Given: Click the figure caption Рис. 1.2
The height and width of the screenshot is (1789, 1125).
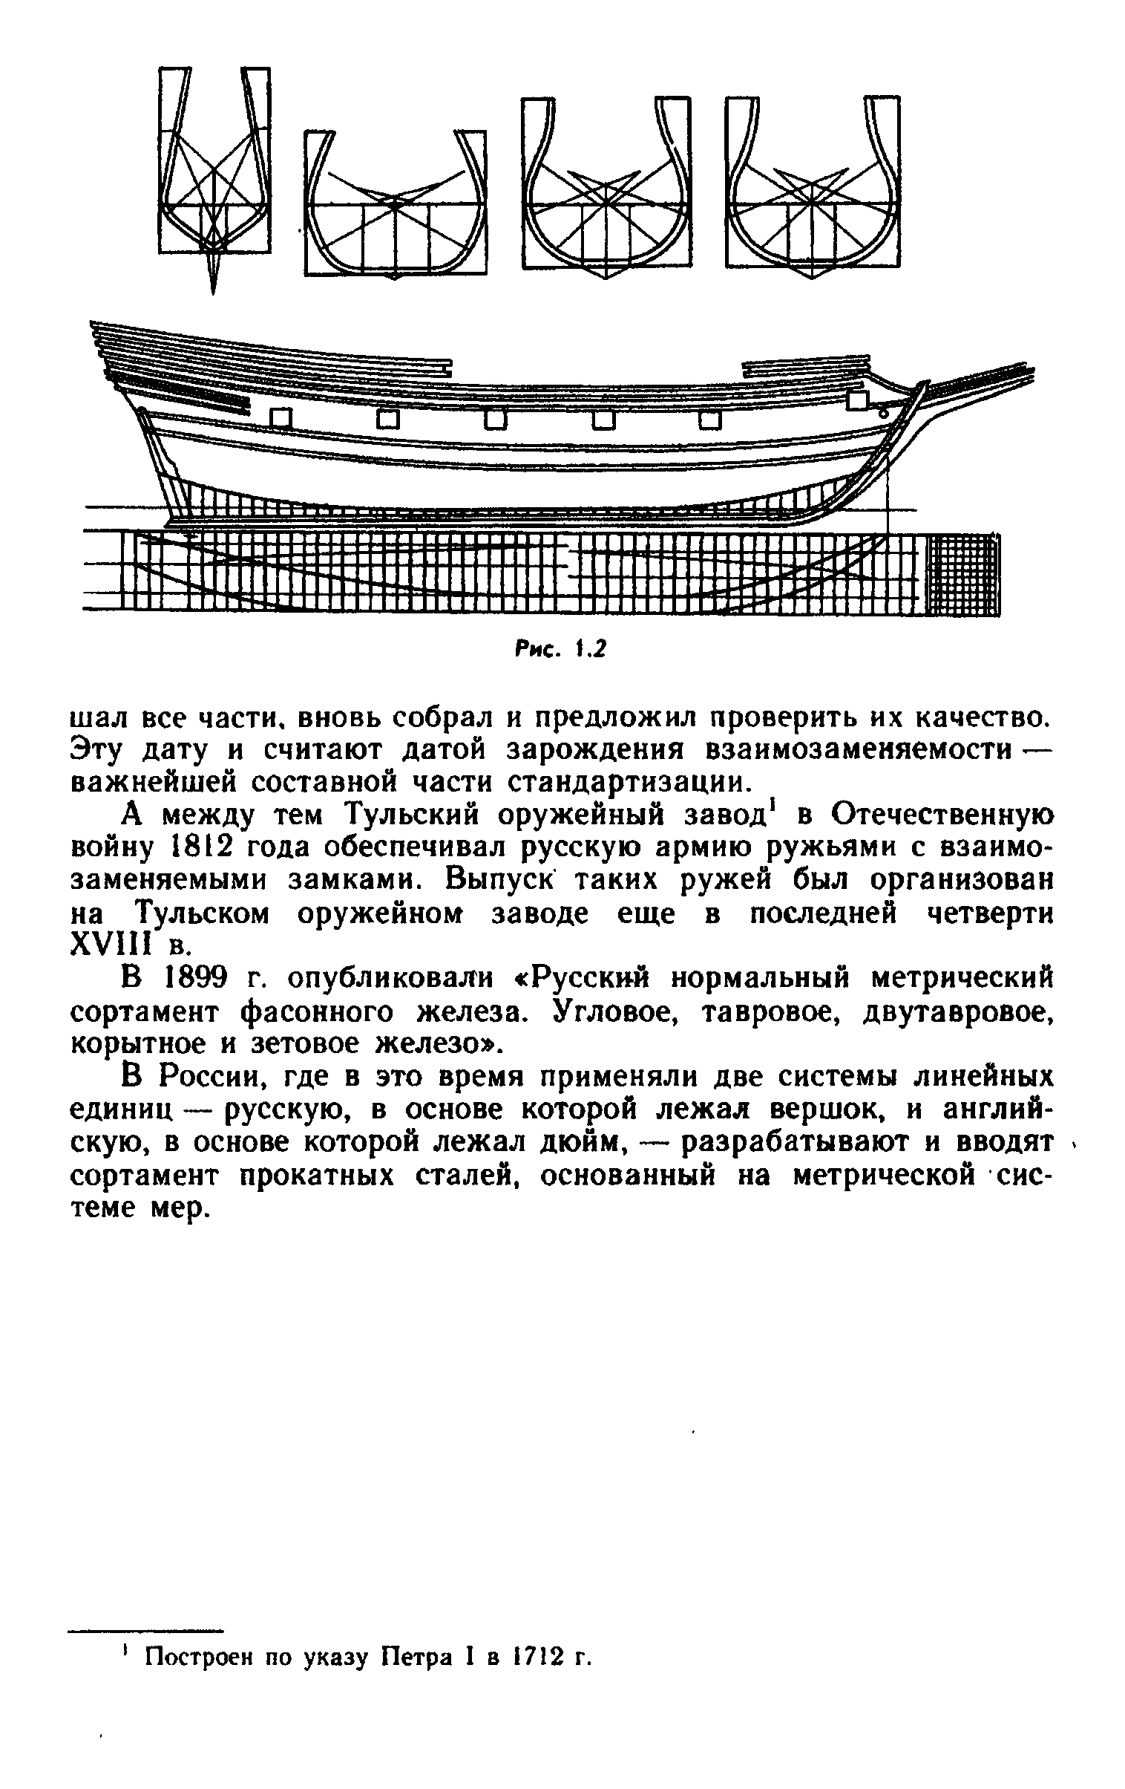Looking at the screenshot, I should [x=560, y=649].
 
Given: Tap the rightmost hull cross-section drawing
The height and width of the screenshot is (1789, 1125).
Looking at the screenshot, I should [x=813, y=186].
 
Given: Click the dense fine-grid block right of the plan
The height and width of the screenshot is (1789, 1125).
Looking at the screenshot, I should [x=963, y=575].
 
